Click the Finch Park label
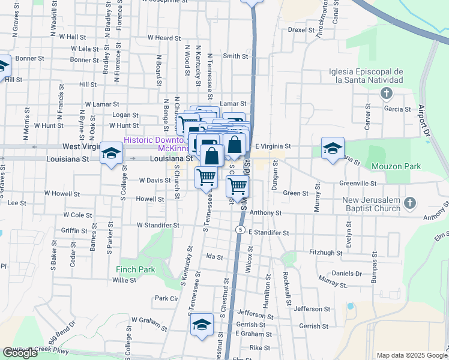point(135,269)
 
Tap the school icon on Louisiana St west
point(111,154)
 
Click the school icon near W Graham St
point(202,325)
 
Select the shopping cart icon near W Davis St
point(206,177)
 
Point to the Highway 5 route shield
point(240,230)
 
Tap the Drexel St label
point(301,29)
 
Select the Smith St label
point(235,56)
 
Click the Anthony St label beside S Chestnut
point(265,212)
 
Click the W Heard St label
point(159,38)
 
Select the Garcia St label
point(397,109)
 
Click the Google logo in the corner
point(20,353)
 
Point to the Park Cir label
point(167,298)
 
